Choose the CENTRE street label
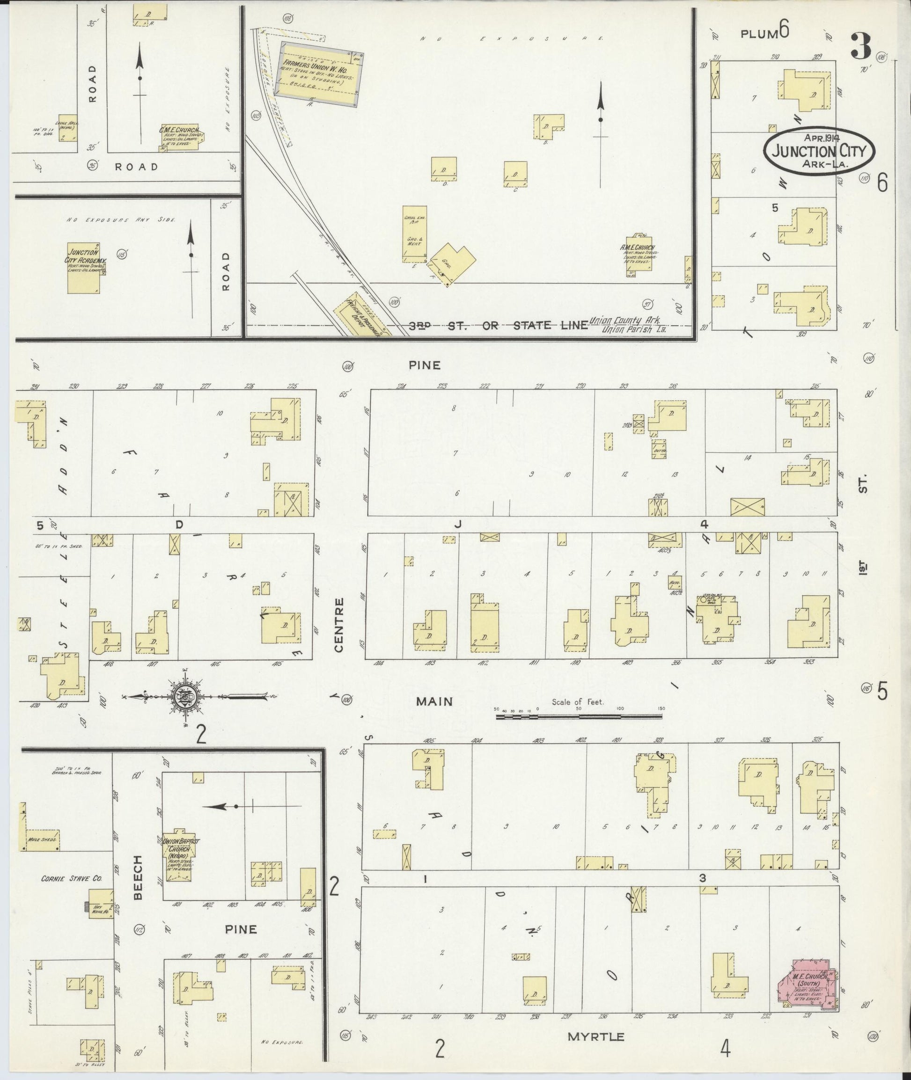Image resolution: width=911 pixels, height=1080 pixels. (339, 625)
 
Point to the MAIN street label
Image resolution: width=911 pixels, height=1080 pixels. (435, 701)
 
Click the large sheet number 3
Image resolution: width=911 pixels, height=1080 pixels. (860, 45)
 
